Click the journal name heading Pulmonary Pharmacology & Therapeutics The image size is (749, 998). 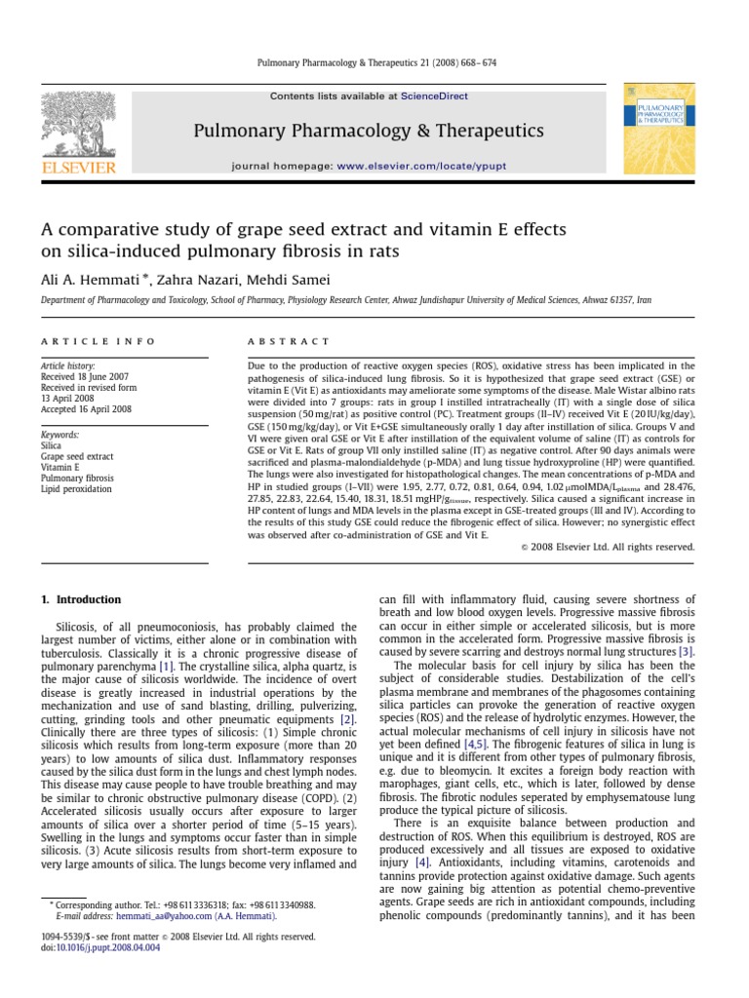(x=369, y=131)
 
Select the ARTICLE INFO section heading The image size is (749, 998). (x=79, y=341)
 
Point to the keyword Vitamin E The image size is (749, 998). (x=61, y=467)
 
